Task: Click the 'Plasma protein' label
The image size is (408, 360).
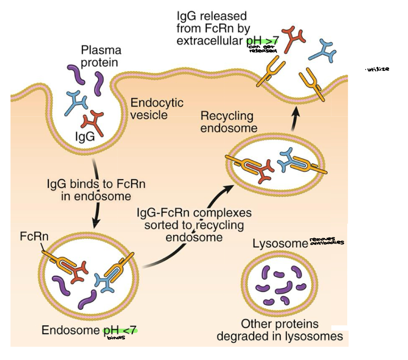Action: click(x=101, y=56)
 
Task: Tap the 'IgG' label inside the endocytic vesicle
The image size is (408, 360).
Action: click(x=85, y=136)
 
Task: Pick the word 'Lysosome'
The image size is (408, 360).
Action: click(x=279, y=244)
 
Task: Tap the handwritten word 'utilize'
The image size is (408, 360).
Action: click(x=378, y=70)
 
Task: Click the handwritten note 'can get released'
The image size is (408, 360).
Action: click(x=263, y=48)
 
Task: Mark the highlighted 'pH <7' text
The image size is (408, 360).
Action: click(x=120, y=330)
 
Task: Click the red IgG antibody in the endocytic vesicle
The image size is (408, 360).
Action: click(x=94, y=123)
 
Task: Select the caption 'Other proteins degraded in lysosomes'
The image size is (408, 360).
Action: click(x=279, y=330)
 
